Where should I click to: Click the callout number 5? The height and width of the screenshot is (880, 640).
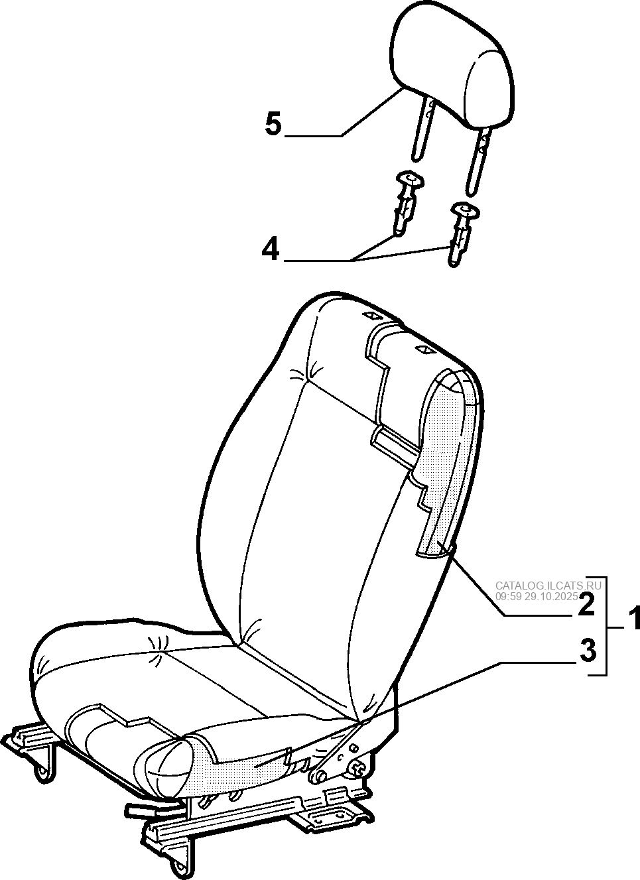pos(273,123)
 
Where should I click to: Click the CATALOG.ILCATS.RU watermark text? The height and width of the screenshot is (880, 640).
pos(548,586)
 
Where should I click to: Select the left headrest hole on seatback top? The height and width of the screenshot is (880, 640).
pos(371,315)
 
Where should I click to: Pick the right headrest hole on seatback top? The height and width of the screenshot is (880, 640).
pos(424,347)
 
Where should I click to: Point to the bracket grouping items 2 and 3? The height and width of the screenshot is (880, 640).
pos(606,631)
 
